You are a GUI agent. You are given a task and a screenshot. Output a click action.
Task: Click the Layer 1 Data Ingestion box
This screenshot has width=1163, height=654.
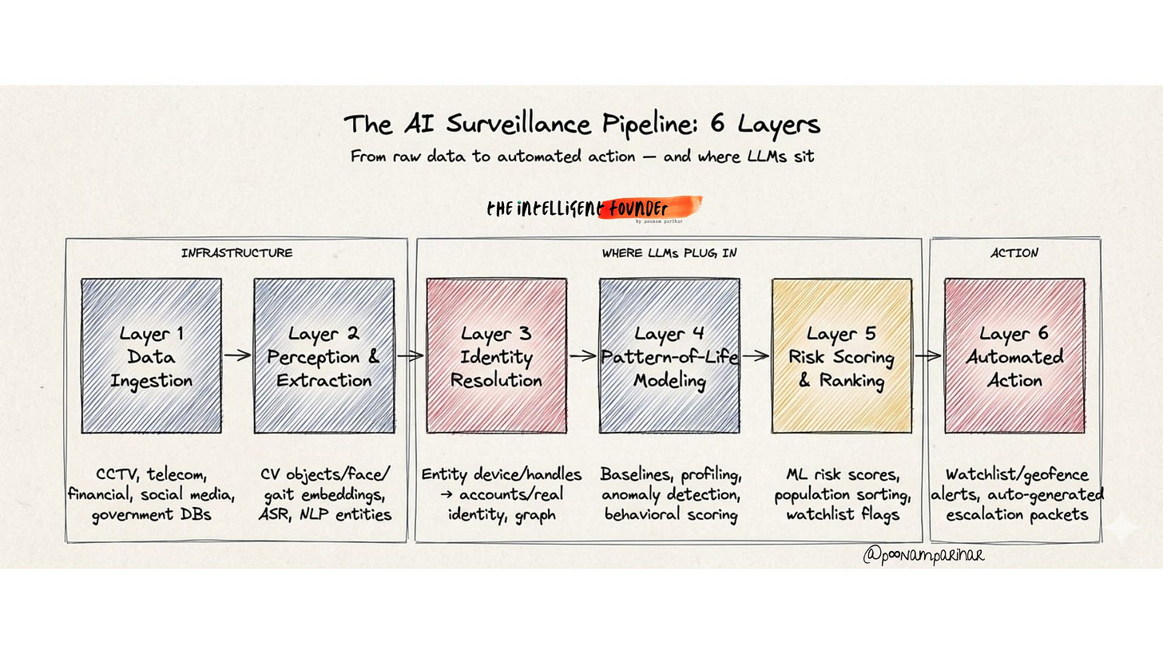pos(151,356)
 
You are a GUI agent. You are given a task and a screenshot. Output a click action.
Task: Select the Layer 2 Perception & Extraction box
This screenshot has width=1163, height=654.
pos(323,356)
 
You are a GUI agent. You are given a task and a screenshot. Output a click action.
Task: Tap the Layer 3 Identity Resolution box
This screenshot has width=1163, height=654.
pos(496,356)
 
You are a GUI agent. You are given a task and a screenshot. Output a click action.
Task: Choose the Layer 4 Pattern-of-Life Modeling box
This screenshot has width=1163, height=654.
pos(669,356)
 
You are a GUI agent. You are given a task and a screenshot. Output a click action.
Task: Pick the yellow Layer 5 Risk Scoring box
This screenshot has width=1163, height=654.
pos(841,356)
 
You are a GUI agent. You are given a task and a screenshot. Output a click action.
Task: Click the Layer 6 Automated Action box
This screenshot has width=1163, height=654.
pos(1014,356)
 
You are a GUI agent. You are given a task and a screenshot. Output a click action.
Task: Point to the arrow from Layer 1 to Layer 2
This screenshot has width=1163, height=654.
pos(237,356)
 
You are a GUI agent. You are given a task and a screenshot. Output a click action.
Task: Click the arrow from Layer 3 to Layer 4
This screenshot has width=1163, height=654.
pos(582,356)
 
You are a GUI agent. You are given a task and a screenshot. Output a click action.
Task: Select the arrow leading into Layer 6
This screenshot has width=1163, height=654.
pos(927,356)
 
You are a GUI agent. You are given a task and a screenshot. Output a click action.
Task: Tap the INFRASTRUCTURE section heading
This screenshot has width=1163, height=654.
pos(236,253)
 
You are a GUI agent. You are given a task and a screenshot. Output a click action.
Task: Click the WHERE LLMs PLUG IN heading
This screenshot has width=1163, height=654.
pos(669,253)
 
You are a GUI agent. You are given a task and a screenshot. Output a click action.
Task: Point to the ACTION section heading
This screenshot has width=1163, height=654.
pos(1014,253)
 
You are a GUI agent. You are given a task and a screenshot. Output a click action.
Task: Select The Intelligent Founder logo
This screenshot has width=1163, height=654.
pos(593,209)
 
